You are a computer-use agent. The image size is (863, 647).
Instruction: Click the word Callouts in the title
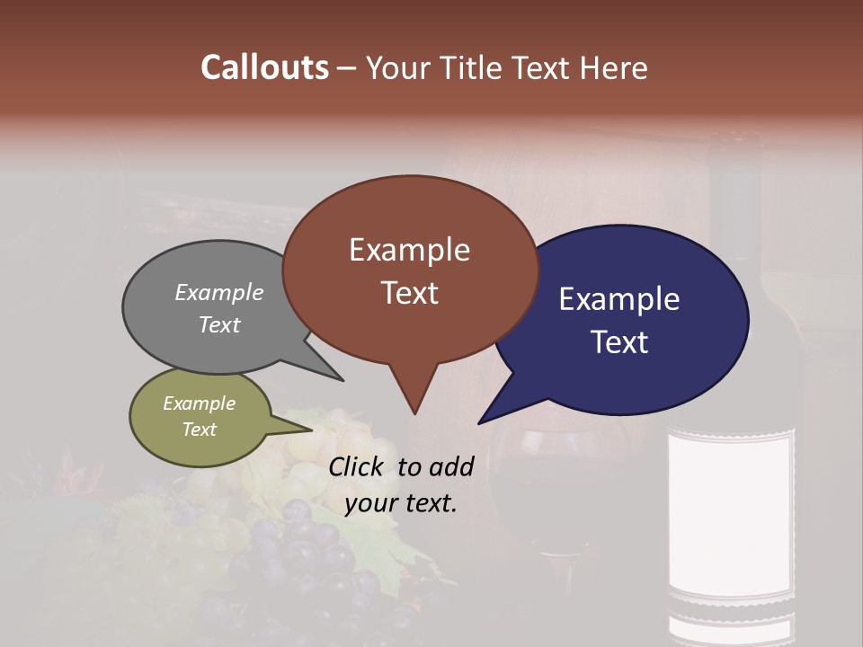pos(264,67)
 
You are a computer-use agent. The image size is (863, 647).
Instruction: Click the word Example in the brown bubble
pos(409,250)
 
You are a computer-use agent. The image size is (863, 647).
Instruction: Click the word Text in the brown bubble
pos(409,293)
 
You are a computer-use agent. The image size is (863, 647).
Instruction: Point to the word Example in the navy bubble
pos(619,299)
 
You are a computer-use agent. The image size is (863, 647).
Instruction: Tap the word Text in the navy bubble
pos(619,342)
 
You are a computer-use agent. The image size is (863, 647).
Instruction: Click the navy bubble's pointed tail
pos(500,409)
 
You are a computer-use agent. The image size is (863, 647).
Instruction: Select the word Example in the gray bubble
pos(219,293)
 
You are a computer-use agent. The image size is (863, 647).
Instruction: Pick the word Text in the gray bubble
pos(219,324)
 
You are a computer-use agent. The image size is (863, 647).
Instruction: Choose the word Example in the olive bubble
pos(199,403)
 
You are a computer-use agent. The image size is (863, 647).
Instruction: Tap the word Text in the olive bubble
pos(199,430)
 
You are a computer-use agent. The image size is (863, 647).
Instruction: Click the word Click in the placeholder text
pos(359,466)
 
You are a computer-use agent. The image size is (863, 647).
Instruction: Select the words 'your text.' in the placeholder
pos(401,503)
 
